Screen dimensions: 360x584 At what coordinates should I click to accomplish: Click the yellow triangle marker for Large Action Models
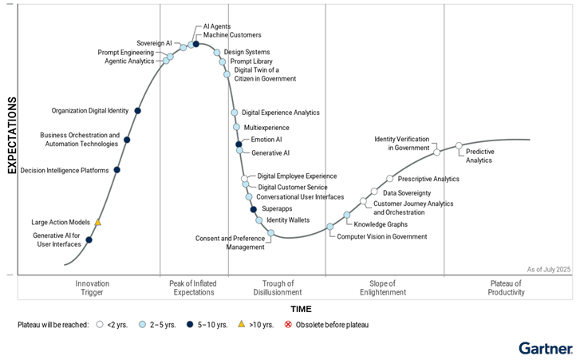(x=98, y=222)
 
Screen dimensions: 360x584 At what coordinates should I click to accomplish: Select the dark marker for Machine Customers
(x=195, y=44)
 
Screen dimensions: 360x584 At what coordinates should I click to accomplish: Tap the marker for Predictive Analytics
(x=459, y=146)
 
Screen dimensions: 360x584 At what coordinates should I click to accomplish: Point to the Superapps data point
(x=254, y=209)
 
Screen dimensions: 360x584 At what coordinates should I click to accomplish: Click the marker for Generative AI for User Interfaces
(x=89, y=239)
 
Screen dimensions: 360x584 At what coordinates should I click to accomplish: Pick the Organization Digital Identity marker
(x=138, y=111)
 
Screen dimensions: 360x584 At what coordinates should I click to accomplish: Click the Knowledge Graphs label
(x=381, y=224)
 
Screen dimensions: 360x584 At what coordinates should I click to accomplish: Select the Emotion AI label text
(x=266, y=140)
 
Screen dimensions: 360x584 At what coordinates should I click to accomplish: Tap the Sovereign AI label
(x=154, y=43)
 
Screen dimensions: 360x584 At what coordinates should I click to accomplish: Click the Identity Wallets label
(x=288, y=220)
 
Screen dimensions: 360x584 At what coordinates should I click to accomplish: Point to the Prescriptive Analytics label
(x=428, y=179)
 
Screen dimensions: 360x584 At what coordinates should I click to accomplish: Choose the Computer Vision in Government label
(x=381, y=236)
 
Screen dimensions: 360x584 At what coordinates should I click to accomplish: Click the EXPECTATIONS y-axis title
(x=12, y=136)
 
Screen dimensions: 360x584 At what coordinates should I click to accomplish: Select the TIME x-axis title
(x=301, y=308)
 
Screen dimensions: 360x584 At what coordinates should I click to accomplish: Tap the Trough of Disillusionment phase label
(x=278, y=288)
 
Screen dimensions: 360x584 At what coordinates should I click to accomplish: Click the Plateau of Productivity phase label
(x=506, y=288)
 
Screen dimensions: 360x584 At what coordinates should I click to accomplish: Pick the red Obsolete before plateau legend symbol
(x=289, y=325)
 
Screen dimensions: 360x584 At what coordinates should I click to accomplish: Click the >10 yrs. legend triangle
(x=242, y=325)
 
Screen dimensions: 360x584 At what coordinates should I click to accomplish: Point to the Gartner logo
(x=545, y=348)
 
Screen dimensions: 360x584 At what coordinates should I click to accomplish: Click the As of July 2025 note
(x=549, y=269)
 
